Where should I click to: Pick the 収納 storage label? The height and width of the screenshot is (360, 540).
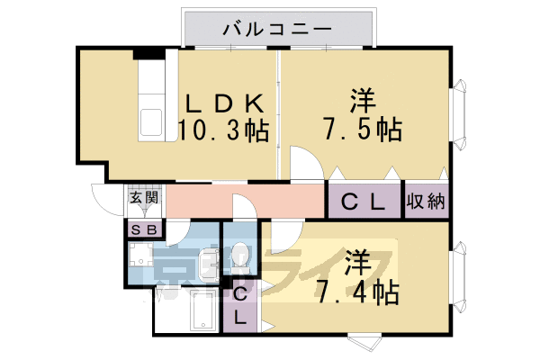tap(425, 202)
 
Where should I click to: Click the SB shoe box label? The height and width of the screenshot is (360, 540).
tap(143, 229)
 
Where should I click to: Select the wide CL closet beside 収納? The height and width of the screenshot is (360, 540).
tap(362, 202)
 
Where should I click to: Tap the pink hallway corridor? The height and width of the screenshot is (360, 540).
tap(243, 201)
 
